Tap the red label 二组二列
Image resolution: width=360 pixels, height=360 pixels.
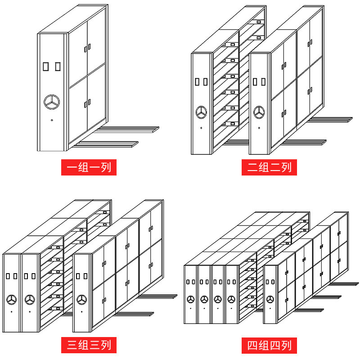(270, 167)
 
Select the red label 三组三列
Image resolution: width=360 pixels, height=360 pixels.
(89, 345)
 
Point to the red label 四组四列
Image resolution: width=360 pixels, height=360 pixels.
(270, 345)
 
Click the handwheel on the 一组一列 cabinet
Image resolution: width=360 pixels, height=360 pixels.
(52, 102)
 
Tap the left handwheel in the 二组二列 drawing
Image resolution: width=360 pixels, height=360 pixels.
(201, 112)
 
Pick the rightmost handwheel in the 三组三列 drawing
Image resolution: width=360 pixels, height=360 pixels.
(81, 299)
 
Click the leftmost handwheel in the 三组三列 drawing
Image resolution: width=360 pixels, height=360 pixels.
(12, 299)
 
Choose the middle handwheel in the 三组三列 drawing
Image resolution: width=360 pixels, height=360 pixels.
(30, 299)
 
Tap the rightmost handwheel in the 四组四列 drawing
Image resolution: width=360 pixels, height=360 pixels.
(270, 299)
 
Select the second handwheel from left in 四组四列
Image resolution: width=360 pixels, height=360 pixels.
(205, 299)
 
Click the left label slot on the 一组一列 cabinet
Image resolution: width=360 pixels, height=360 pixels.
(45, 67)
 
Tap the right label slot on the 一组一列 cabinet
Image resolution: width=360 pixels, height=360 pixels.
(57, 67)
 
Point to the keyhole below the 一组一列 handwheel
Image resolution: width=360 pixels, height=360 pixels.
(52, 120)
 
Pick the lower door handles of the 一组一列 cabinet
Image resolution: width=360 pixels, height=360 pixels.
(86, 103)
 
